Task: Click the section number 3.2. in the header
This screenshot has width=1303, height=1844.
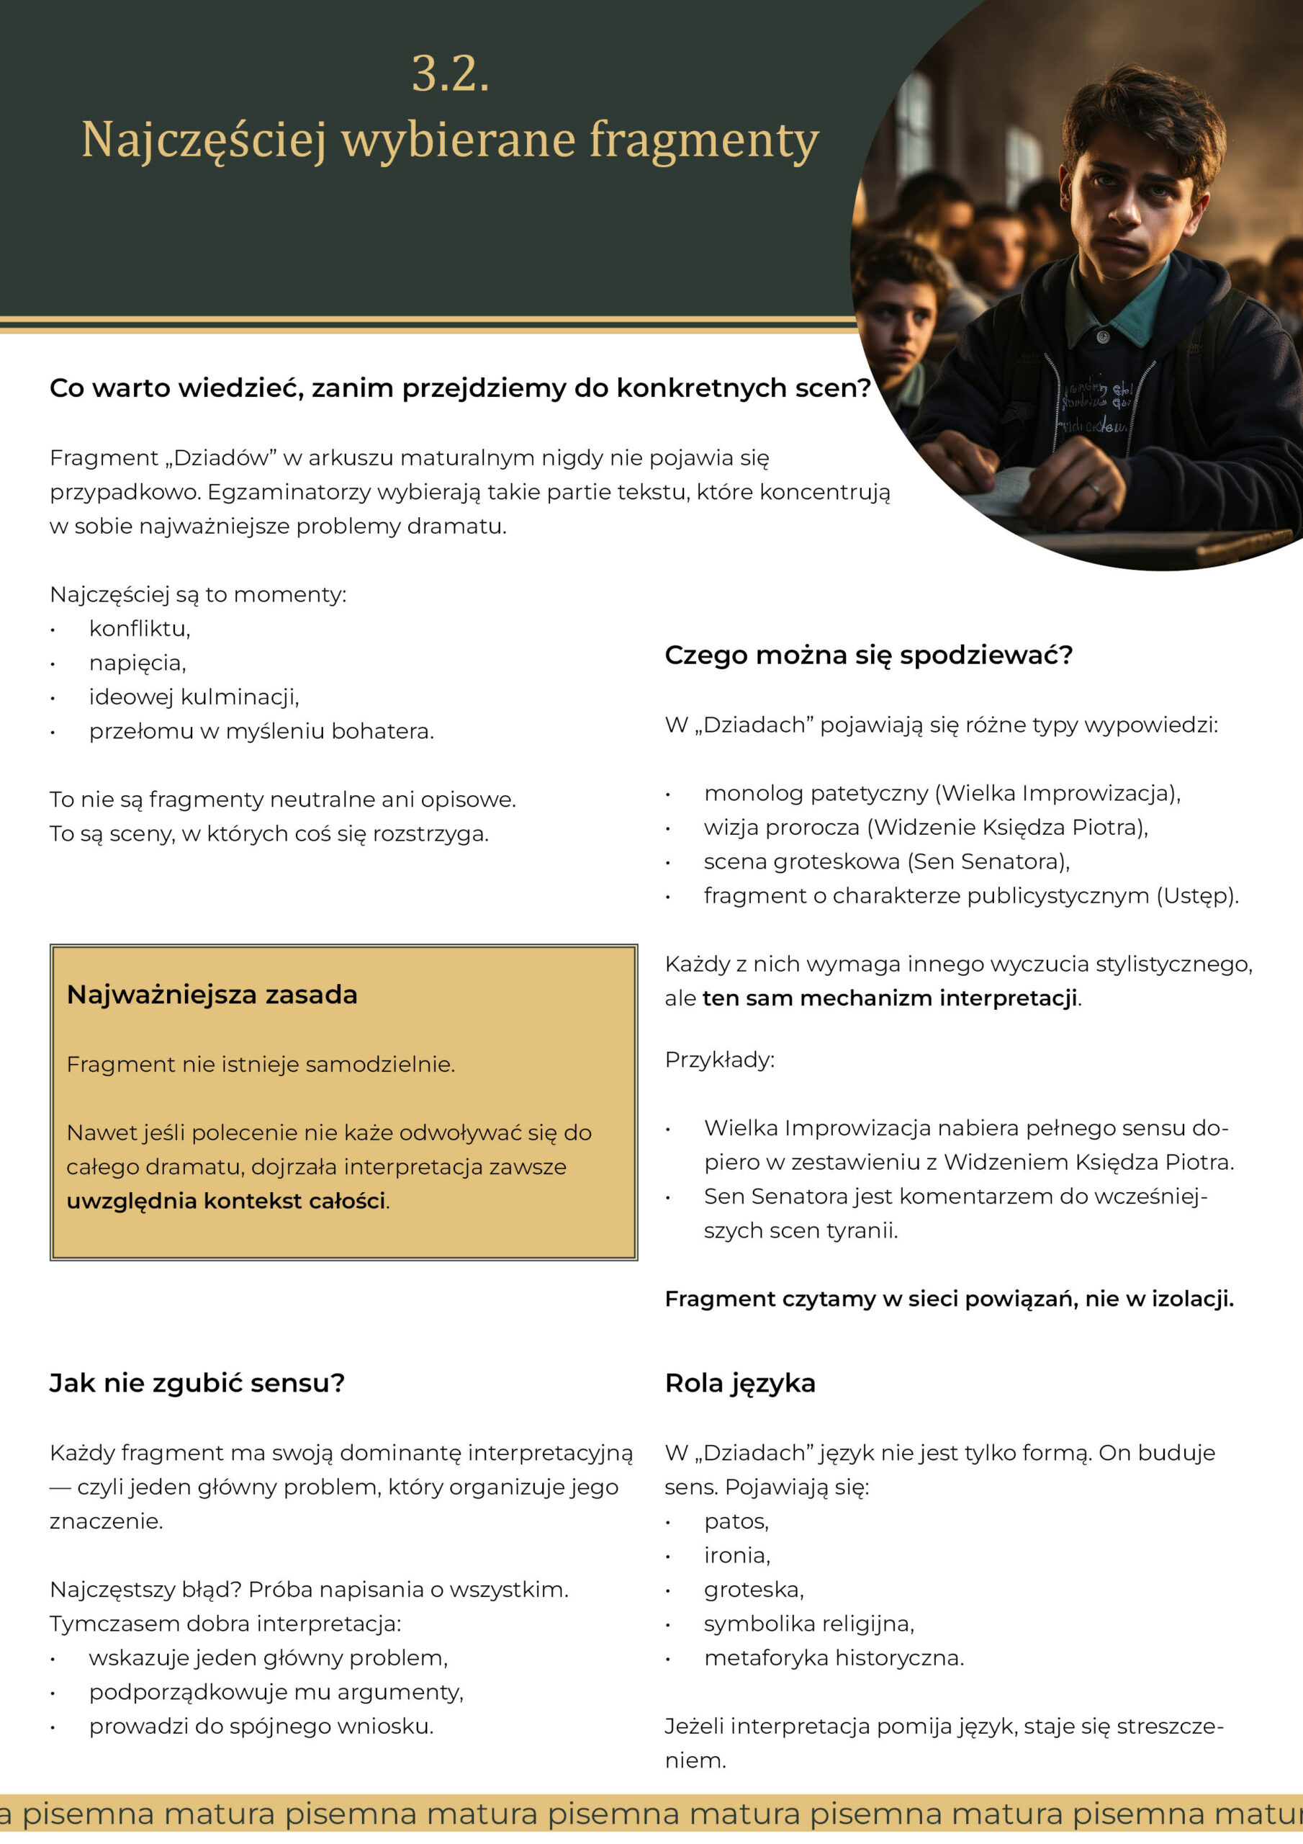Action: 450,74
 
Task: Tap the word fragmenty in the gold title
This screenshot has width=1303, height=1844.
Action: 704,140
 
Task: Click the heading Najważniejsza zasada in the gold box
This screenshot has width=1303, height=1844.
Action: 212,994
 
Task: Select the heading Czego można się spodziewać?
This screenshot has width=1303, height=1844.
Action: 868,655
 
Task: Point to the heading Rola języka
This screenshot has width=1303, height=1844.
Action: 739,1383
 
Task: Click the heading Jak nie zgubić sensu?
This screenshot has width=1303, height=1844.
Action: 197,1383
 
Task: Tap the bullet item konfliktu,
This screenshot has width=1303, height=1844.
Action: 140,628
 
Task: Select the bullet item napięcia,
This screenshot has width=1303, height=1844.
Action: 137,663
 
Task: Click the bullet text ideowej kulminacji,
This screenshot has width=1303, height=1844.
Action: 194,697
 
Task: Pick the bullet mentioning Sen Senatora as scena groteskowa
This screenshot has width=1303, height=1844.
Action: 886,861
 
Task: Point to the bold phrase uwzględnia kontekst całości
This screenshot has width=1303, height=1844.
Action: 225,1201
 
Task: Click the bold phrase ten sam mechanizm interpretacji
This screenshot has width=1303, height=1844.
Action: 890,998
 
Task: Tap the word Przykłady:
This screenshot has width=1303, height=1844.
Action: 719,1060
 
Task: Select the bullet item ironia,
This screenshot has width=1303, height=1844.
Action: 736,1556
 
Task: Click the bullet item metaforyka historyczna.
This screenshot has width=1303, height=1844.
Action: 834,1657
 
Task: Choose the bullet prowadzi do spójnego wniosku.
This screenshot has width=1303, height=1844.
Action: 261,1726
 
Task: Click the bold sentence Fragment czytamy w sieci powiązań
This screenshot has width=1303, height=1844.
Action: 948,1299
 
